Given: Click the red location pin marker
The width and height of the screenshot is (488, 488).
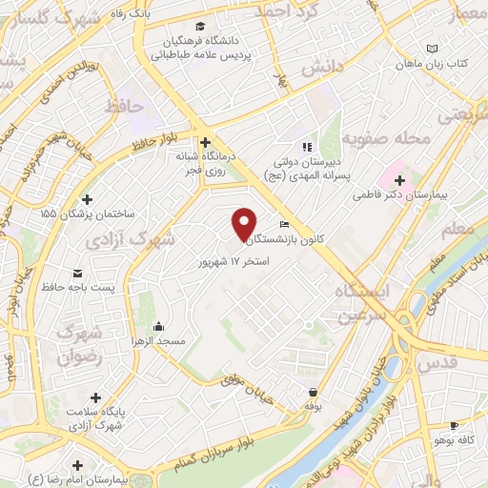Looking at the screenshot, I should [244, 223].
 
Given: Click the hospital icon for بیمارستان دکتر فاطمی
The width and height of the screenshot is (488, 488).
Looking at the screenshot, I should [400, 180].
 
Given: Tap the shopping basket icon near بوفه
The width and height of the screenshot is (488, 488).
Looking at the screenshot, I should [312, 392].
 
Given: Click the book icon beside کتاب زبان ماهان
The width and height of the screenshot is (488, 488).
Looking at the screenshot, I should [433, 49].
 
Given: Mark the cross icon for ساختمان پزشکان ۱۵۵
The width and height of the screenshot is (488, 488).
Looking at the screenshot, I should [88, 199].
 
